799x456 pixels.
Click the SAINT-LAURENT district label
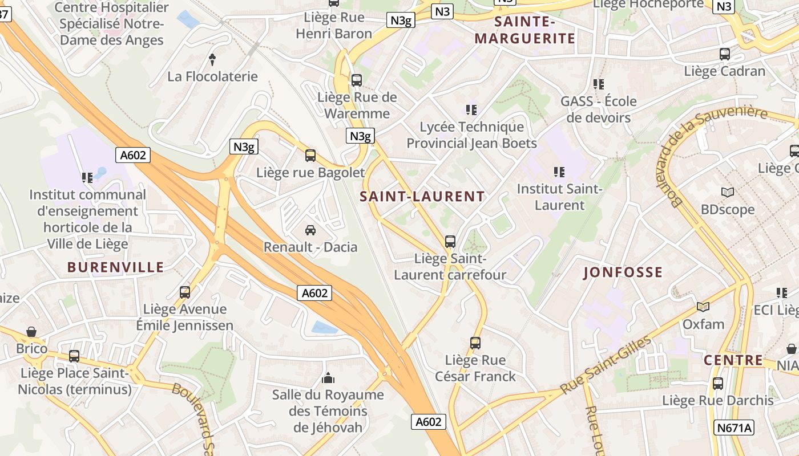(422, 197)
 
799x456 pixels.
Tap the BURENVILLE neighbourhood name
(115, 267)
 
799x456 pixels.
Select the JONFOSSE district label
(623, 272)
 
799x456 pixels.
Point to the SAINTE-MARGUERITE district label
(525, 30)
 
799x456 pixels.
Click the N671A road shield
(734, 427)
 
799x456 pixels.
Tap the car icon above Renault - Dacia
(310, 230)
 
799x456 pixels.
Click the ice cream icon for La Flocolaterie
(212, 59)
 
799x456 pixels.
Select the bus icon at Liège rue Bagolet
(310, 155)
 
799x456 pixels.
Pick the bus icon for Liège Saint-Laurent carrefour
(450, 242)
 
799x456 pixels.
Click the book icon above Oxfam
(703, 307)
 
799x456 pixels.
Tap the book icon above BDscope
(728, 192)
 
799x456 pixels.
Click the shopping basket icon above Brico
(31, 332)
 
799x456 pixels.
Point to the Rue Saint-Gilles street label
(606, 365)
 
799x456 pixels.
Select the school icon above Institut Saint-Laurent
(559, 172)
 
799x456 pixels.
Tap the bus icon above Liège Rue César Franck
(475, 343)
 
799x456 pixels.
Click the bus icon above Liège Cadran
(724, 54)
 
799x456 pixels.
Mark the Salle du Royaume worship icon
(328, 377)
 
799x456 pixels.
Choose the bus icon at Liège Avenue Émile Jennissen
(185, 292)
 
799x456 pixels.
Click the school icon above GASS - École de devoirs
(598, 84)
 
